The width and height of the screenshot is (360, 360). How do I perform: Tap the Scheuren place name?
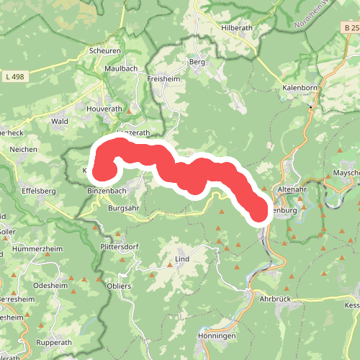click(x=104, y=51)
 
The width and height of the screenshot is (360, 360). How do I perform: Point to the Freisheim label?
click(x=163, y=78)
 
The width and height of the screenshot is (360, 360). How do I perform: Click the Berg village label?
click(x=197, y=62)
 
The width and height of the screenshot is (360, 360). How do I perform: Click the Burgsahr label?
click(x=123, y=208)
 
